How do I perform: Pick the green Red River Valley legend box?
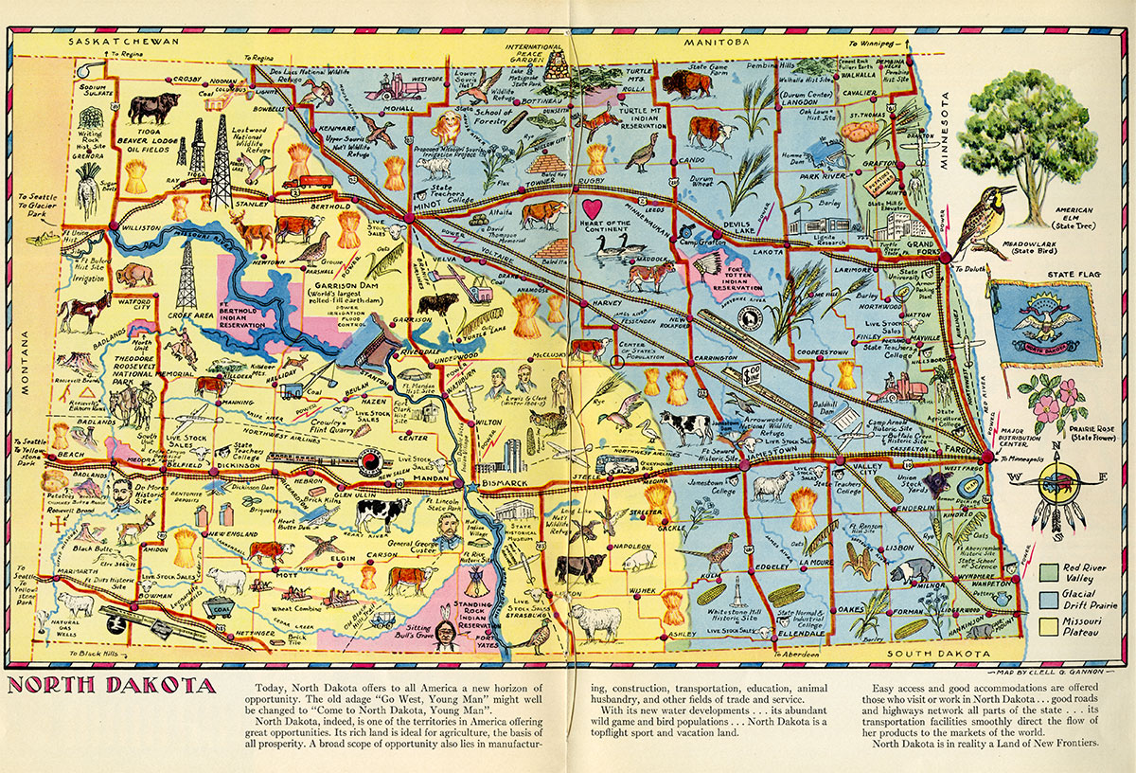(x=1048, y=572)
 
